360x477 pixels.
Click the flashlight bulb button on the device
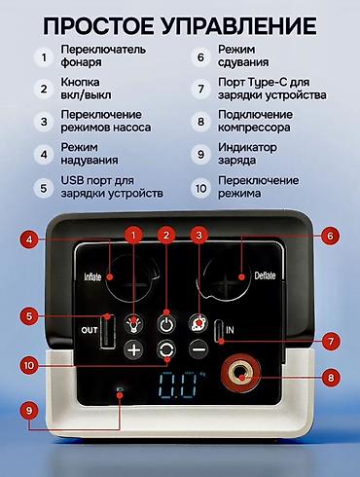pos(133,324)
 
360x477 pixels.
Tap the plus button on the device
pos(133,350)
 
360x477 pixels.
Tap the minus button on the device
pos(198,349)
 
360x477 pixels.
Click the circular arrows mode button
pos(166,349)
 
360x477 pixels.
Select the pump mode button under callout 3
pos(198,323)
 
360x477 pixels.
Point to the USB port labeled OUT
pos(108,331)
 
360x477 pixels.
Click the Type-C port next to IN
pos(219,330)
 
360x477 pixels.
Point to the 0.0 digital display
pos(178,385)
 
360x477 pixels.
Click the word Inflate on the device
pos(92,276)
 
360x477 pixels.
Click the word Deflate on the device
pos(265,275)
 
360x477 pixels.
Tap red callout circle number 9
pos(29,411)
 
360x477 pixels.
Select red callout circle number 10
pos(29,366)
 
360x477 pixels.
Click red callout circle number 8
pos(331,378)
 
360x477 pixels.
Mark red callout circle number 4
pos(29,239)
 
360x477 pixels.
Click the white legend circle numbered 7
pos(200,89)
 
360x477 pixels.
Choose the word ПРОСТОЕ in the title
pos(99,25)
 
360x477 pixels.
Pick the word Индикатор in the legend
pos(247,147)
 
